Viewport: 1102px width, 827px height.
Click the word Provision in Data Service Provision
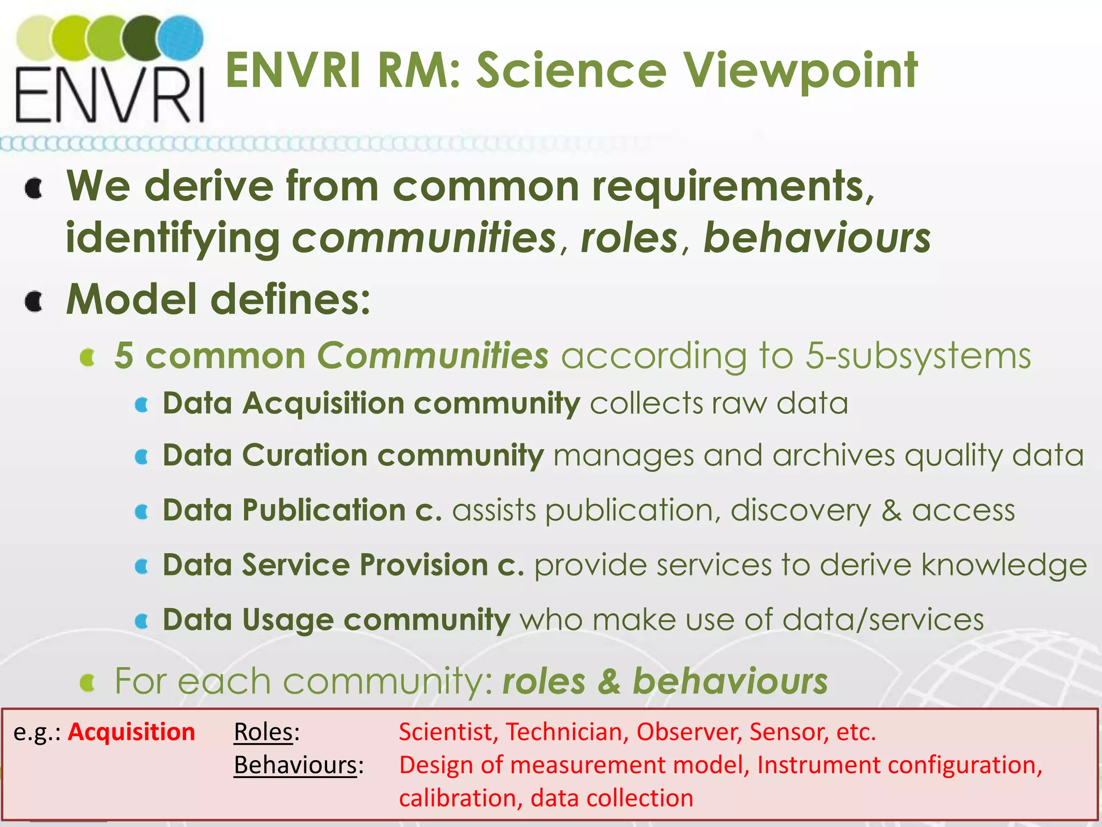coord(423,565)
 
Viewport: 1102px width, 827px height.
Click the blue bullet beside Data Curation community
coord(142,457)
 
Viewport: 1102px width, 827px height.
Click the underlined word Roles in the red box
coord(263,732)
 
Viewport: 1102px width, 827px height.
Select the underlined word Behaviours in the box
coord(295,765)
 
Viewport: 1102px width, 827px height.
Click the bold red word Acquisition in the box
coord(131,732)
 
